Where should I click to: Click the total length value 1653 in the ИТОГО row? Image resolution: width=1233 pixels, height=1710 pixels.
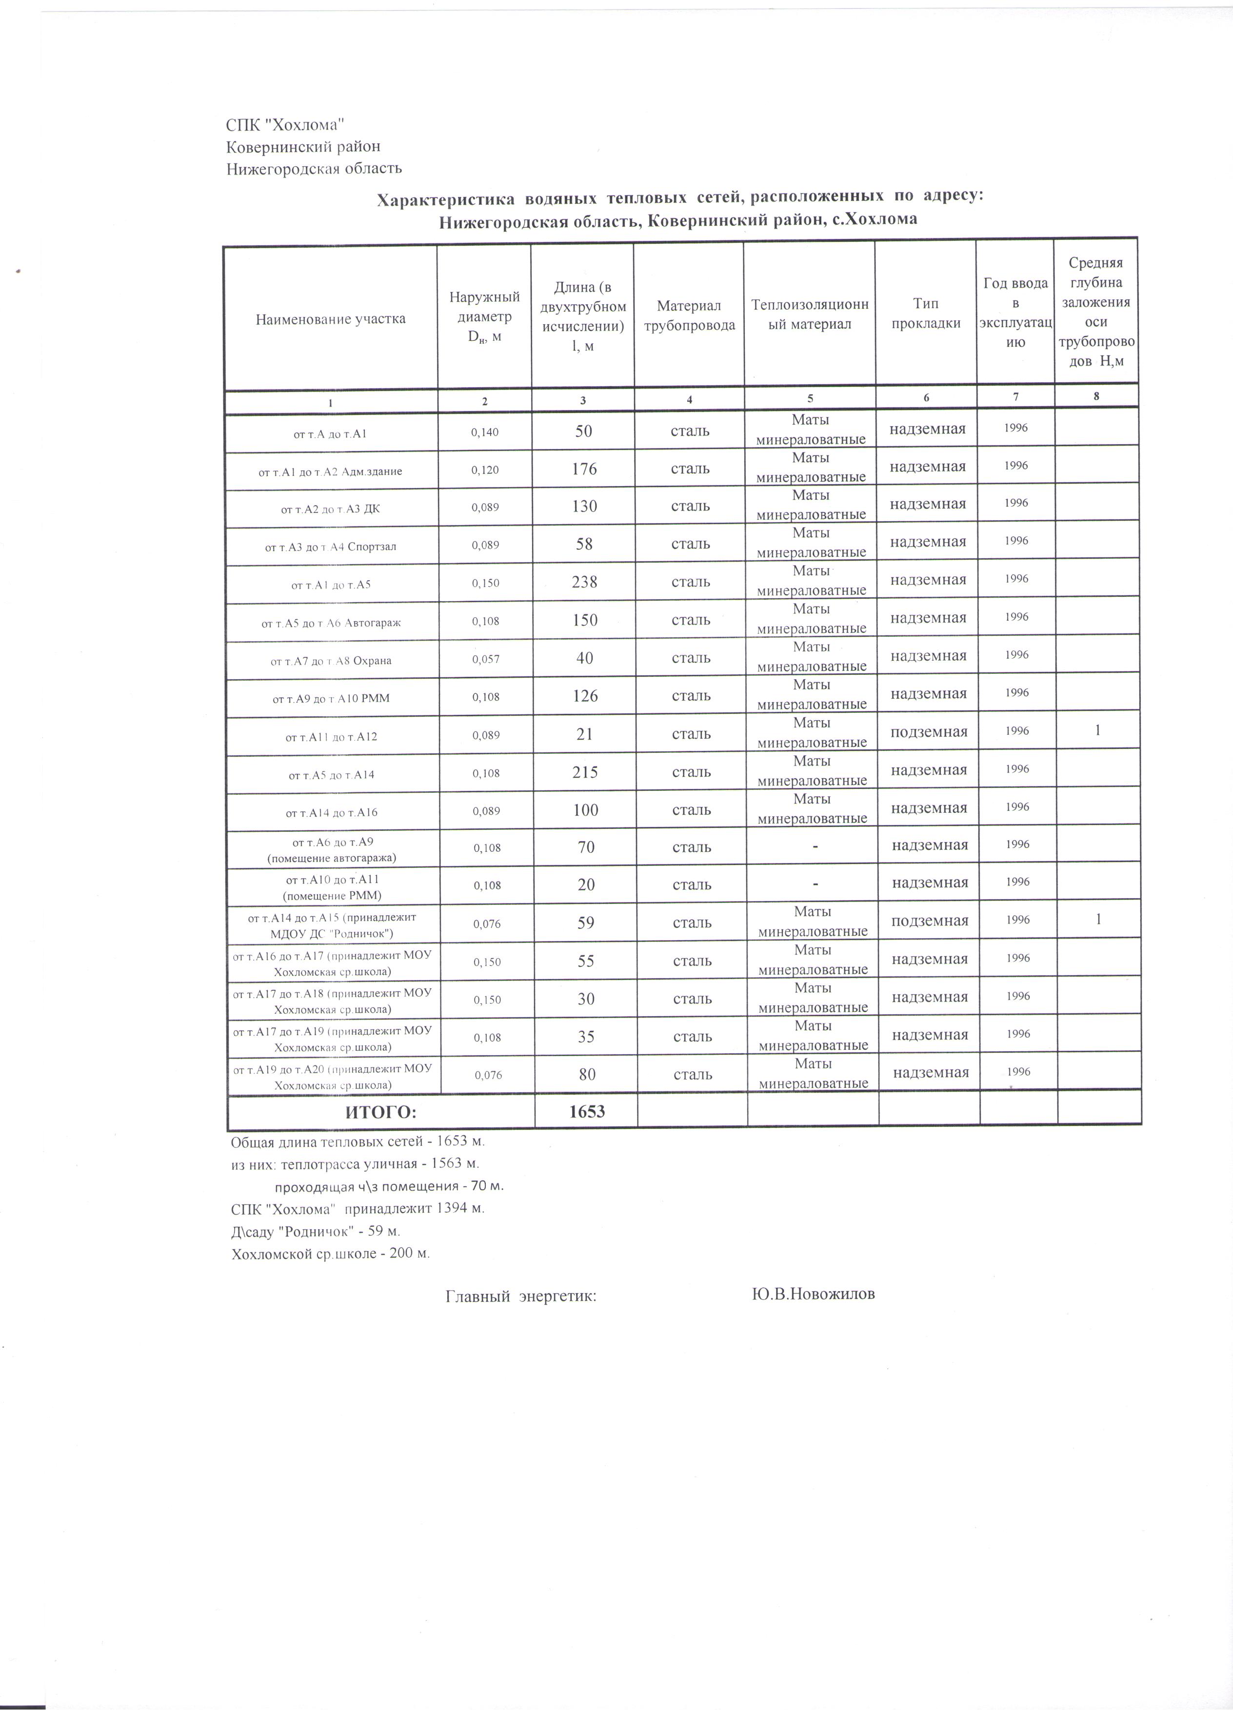(587, 1111)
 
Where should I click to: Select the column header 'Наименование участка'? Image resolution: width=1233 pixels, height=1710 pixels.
(330, 319)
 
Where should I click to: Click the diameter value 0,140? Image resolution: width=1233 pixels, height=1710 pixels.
(484, 433)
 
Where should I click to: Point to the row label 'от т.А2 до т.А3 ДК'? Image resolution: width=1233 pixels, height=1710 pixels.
(330, 509)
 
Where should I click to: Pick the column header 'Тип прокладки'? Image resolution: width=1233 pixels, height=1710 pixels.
(925, 314)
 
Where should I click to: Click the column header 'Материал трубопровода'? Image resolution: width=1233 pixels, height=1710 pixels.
(689, 315)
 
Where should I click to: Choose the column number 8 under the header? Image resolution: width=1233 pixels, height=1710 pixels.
(1096, 396)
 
